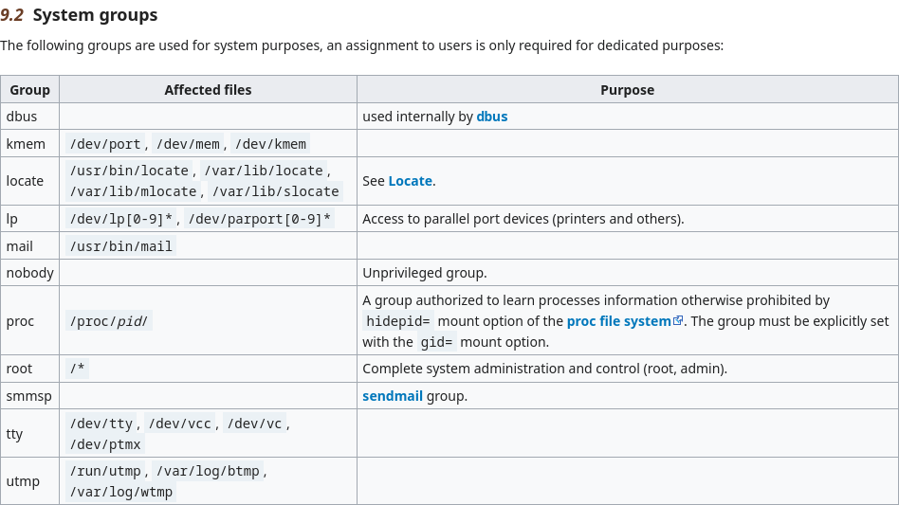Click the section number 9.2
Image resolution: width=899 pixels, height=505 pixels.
(12, 15)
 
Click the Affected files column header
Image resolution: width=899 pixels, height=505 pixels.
(208, 90)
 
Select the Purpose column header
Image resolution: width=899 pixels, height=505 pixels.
(627, 90)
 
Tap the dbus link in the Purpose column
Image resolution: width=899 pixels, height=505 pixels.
(492, 117)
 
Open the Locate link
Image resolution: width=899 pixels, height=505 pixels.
(411, 181)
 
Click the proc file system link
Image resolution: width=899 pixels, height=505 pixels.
(618, 321)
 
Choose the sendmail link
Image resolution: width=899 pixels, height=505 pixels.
(393, 396)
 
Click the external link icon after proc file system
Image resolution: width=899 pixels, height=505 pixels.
(678, 320)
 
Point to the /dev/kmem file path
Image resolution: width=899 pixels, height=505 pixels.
(270, 144)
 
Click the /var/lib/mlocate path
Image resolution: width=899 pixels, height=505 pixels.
(134, 191)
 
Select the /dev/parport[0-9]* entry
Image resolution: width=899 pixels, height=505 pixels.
(260, 219)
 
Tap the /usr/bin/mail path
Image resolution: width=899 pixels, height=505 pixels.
(121, 246)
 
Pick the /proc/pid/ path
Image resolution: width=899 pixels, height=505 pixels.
(109, 322)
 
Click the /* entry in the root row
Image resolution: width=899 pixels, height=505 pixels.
(78, 369)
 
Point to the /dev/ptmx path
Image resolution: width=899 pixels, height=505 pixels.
(105, 445)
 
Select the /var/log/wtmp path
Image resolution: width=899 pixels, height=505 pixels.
(121, 493)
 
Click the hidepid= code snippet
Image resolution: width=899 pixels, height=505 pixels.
(398, 322)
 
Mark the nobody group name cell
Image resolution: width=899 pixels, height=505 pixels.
(29, 273)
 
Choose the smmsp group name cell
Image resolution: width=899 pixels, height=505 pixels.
(28, 396)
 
